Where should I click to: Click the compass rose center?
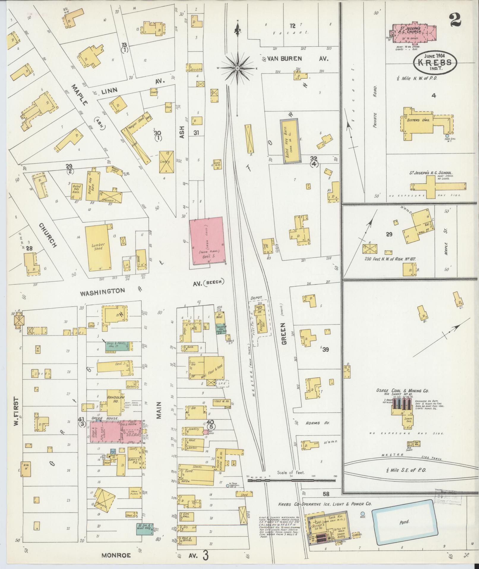238,68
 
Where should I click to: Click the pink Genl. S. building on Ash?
207,240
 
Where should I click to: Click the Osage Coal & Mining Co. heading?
402,391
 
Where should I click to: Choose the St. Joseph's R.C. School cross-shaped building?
435,186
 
